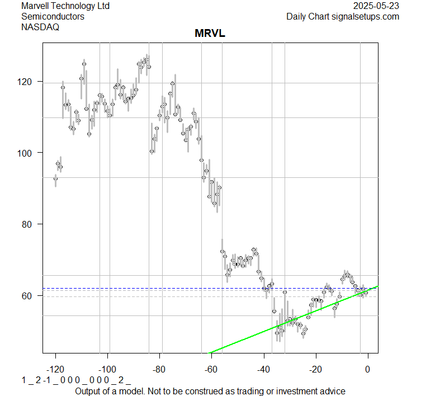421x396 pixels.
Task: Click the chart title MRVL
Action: tap(210, 34)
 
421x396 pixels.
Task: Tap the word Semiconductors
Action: tap(53, 17)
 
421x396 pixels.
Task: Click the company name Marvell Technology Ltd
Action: tap(65, 6)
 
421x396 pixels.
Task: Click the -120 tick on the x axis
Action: tap(55, 370)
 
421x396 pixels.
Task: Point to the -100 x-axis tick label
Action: tap(107, 370)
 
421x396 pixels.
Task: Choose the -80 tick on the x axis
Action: tap(160, 370)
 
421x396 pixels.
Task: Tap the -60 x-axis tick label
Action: tap(212, 370)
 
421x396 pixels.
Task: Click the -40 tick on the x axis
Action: tap(264, 370)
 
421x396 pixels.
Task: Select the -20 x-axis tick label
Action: tap(316, 370)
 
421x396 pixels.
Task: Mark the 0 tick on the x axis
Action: tap(367, 370)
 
